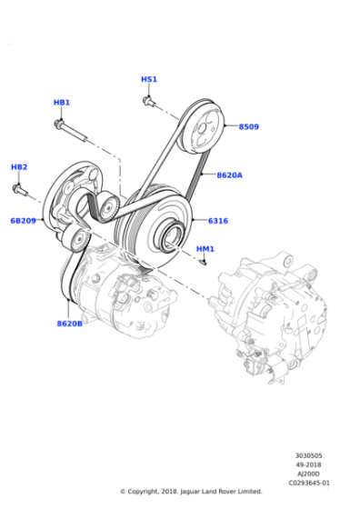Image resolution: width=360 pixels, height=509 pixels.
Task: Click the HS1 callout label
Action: [149, 79]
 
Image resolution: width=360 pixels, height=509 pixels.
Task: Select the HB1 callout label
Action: [61, 103]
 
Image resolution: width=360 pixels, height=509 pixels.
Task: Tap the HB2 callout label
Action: [19, 167]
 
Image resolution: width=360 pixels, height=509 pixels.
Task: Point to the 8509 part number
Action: [248, 127]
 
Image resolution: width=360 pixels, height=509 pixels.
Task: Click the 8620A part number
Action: [229, 175]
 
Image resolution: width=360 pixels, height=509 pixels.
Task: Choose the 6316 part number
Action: [218, 221]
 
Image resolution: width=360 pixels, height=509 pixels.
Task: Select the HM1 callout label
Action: [205, 248]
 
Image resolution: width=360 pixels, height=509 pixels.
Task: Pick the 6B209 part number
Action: [23, 221]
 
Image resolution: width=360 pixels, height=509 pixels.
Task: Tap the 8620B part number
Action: [70, 323]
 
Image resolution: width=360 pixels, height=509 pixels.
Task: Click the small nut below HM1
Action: [205, 263]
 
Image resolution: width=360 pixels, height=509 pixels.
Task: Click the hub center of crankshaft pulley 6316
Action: [169, 241]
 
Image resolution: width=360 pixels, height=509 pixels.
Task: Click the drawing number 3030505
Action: [308, 456]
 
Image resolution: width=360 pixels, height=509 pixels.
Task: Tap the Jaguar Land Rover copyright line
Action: [191, 492]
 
